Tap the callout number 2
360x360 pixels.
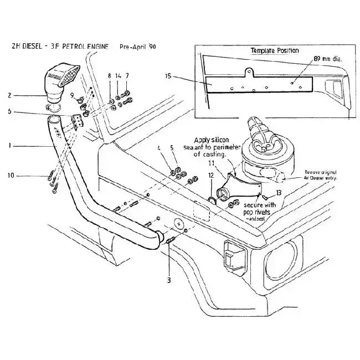coord(9,95)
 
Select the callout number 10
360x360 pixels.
coord(9,176)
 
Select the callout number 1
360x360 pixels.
coord(9,146)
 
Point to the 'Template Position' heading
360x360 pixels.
coord(275,50)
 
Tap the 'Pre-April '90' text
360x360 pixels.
coord(138,47)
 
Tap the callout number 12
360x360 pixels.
coord(210,176)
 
